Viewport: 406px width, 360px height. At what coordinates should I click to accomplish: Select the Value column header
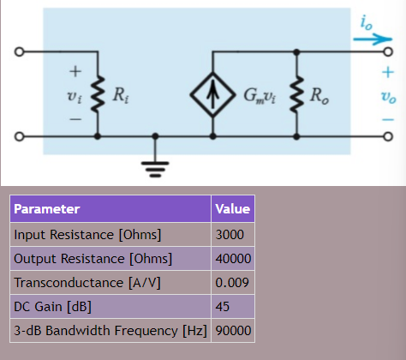point(232,209)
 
